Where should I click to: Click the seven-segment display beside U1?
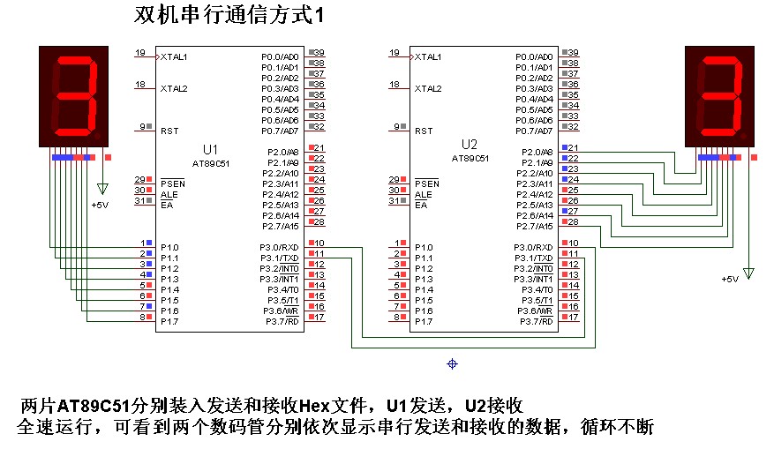tap(76, 97)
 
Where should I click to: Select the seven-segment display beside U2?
tap(723, 97)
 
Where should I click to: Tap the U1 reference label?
tap(209, 147)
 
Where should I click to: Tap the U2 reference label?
tap(469, 143)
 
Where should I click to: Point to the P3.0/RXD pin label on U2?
tap(535, 247)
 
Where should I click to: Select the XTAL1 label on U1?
tap(174, 56)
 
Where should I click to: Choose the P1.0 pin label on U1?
tap(169, 247)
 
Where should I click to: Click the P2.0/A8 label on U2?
tap(537, 152)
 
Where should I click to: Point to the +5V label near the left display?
tap(100, 205)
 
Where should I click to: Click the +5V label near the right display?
tap(729, 279)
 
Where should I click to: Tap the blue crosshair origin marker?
tap(453, 363)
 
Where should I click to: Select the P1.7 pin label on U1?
tap(169, 322)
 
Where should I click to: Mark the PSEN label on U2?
tap(426, 183)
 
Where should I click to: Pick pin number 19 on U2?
tap(395, 53)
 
